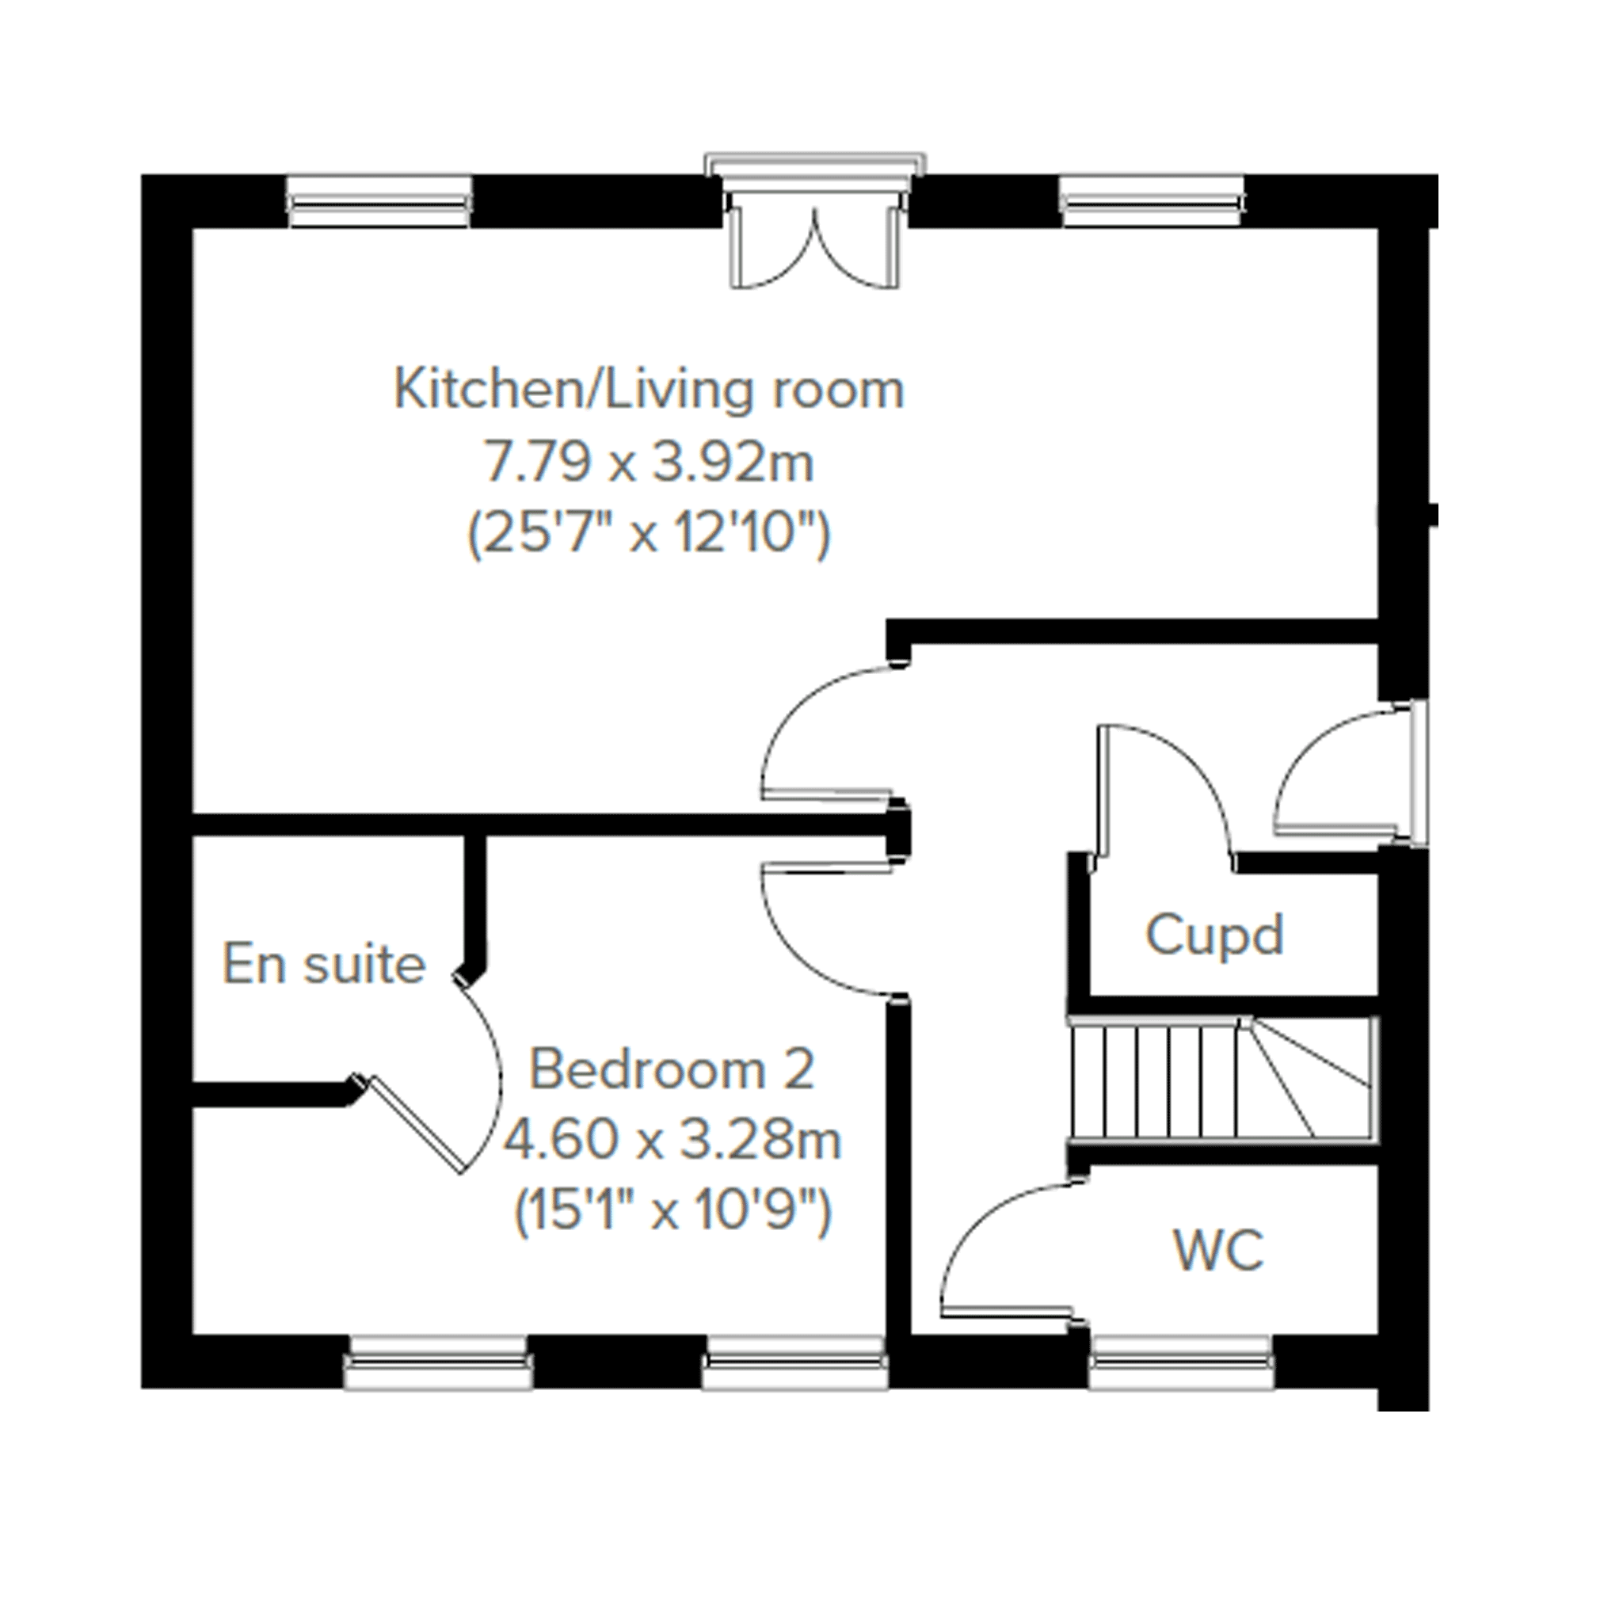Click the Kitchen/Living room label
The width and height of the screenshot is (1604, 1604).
tap(649, 390)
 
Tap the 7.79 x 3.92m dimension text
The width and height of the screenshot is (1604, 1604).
tap(649, 462)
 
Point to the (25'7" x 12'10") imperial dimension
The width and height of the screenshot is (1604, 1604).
tap(649, 534)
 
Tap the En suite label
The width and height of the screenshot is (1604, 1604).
tap(324, 964)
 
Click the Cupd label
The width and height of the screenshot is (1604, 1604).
tap(1214, 936)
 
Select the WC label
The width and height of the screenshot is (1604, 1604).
tap(1219, 1249)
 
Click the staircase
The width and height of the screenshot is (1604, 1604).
tap(1223, 1079)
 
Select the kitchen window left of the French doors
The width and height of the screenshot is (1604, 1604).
tap(379, 201)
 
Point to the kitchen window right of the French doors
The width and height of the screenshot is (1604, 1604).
tap(1153, 201)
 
